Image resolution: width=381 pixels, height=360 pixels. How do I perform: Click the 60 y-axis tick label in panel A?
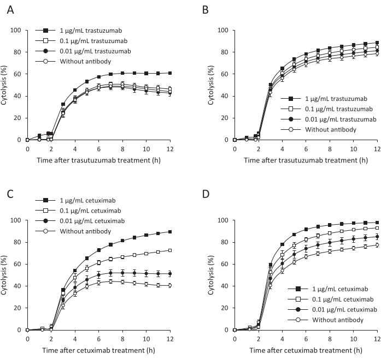click(17, 74)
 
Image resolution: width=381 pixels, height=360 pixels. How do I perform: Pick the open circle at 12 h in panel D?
click(377, 245)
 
